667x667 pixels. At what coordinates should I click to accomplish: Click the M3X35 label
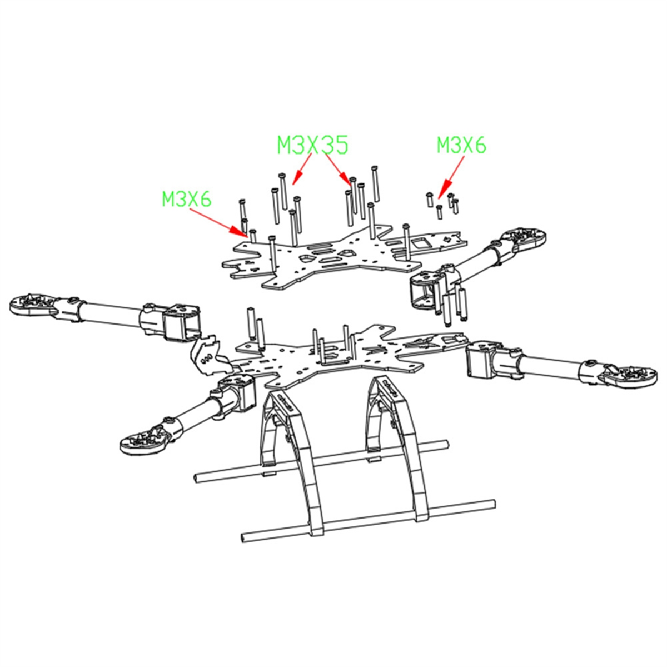312,145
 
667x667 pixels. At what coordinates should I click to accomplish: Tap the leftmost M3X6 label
186,199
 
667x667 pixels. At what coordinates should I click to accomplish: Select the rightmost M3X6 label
461,145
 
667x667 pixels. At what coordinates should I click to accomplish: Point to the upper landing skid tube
322,461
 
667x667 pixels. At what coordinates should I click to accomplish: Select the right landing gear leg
397,434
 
